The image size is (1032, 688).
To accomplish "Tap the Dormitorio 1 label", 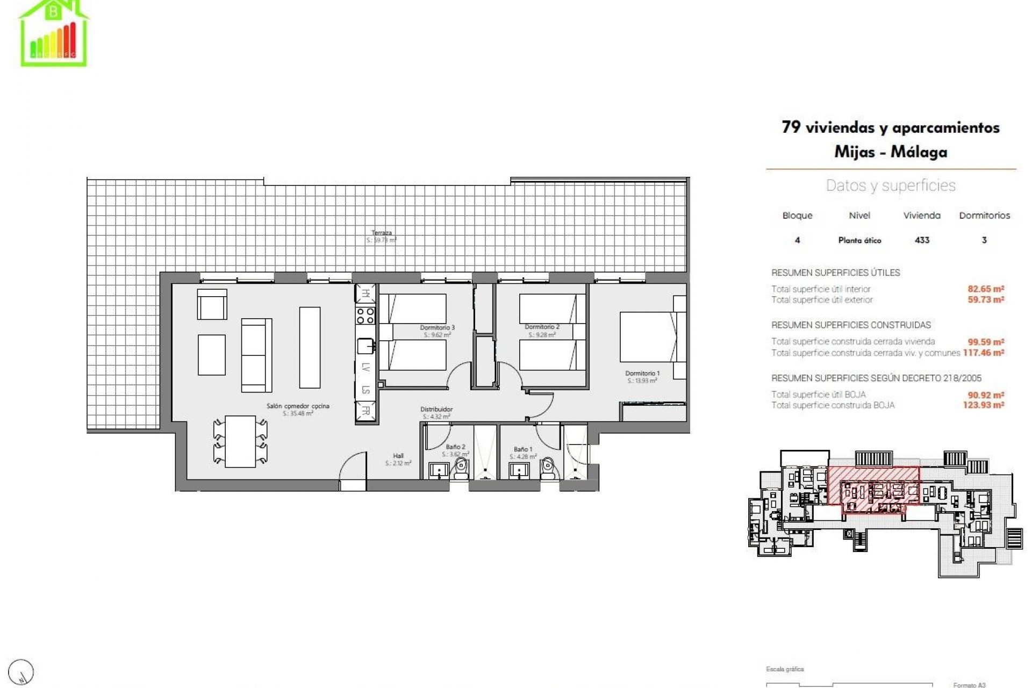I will [642, 373].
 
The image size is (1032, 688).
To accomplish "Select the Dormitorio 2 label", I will [542, 327].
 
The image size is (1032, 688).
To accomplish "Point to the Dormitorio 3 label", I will [437, 327].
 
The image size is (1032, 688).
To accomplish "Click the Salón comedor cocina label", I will [298, 406].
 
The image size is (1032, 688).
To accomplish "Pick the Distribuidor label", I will [436, 409].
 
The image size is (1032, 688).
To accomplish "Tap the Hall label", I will [398, 456].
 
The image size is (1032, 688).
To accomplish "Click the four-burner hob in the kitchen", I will [365, 315].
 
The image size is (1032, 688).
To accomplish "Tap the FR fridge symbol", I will [365, 411].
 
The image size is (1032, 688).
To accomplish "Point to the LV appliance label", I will [365, 368].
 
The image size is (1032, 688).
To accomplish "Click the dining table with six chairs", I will [240, 441].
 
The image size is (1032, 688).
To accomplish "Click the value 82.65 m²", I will [986, 289].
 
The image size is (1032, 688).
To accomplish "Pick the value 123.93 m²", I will [984, 405].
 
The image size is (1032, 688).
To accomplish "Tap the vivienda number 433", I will [922, 240].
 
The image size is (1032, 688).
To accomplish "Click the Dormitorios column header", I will [984, 216].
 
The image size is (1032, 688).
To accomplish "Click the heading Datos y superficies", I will [891, 185].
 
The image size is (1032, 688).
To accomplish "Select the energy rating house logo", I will [54, 33].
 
